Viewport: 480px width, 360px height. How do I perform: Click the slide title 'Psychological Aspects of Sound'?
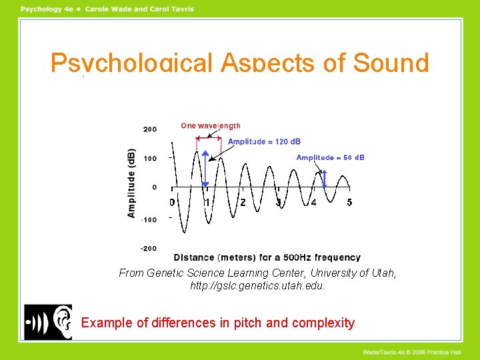[x=239, y=63]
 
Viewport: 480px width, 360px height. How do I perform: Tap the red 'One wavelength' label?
[x=211, y=125]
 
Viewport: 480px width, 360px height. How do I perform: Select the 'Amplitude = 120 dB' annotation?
[x=264, y=141]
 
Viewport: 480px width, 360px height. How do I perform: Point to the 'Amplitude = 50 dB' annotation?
[x=330, y=157]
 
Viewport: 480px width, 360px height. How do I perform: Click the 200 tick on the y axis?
[x=149, y=129]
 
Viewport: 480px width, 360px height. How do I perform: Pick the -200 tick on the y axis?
[x=149, y=249]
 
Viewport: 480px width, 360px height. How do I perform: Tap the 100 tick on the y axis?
[x=149, y=158]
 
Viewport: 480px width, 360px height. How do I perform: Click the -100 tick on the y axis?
[x=149, y=219]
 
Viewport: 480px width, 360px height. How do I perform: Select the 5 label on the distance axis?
[x=349, y=202]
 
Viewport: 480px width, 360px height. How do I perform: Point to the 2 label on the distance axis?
[x=243, y=202]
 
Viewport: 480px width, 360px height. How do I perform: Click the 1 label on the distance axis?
[x=207, y=202]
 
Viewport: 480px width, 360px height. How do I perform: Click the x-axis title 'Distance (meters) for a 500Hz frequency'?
[x=267, y=257]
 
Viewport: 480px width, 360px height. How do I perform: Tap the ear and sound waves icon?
[x=48, y=322]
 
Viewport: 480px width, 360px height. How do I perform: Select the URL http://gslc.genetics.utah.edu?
[x=257, y=286]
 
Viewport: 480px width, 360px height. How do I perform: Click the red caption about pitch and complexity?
[x=218, y=323]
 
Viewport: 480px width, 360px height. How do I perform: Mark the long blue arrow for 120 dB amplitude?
[x=206, y=169]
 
